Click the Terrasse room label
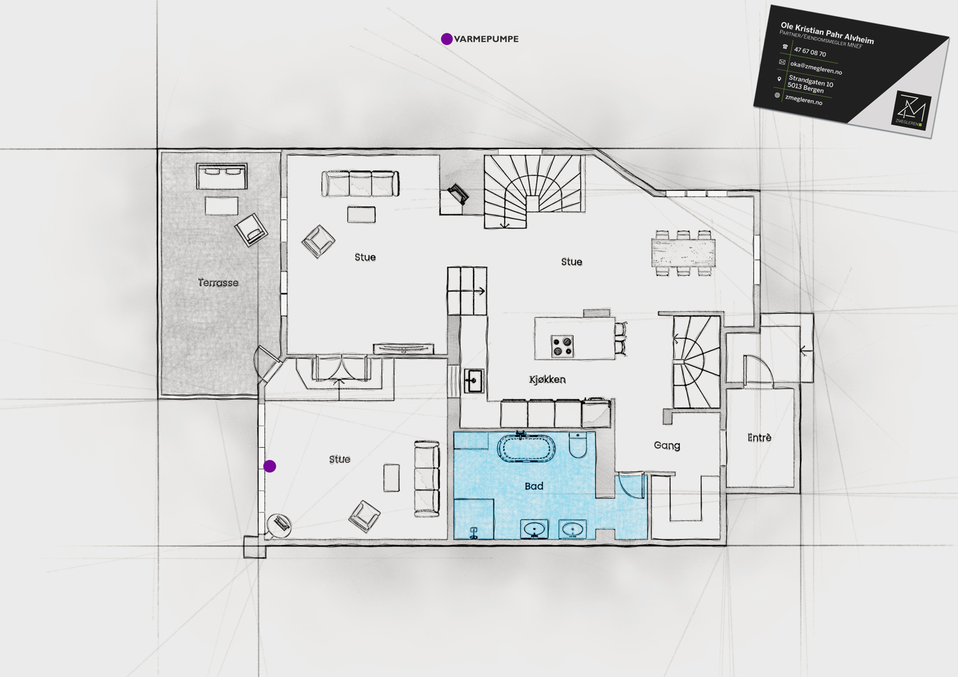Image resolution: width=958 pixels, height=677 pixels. tap(218, 283)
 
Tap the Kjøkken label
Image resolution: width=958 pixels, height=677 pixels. tap(547, 380)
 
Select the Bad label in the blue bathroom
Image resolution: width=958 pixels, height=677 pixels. tap(533, 486)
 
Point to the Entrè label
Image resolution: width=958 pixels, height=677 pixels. tap(760, 437)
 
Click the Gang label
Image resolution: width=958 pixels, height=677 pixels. tap(667, 445)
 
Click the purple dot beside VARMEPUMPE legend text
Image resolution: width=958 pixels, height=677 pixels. tap(447, 39)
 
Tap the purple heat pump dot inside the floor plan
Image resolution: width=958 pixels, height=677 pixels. tap(269, 466)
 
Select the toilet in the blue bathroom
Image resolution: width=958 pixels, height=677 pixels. tap(578, 445)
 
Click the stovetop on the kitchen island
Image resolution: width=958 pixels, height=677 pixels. tap(562, 346)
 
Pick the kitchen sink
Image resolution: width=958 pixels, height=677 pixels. tap(474, 381)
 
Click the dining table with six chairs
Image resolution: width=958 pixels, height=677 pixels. tap(683, 253)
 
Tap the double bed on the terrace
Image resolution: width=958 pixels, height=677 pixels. tap(222, 176)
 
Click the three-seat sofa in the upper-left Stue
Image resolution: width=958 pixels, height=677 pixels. tap(360, 184)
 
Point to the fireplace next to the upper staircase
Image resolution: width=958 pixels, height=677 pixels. tap(458, 194)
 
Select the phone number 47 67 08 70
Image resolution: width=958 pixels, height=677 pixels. tap(810, 52)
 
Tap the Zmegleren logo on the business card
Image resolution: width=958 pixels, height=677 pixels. tap(911, 110)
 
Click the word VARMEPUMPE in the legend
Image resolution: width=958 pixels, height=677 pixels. tap(486, 39)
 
